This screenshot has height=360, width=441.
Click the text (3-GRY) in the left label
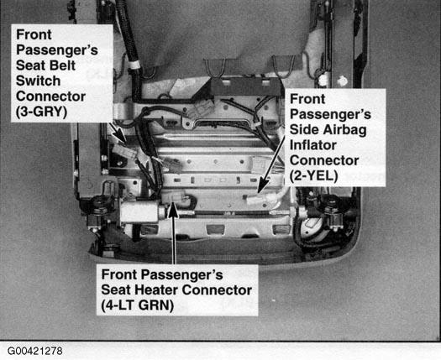pyautogui.click(x=42, y=112)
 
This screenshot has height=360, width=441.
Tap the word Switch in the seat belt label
pyautogui.click(x=39, y=81)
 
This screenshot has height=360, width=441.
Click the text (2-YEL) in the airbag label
pyautogui.click(x=313, y=176)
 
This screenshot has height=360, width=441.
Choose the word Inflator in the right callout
pyautogui.click(x=313, y=145)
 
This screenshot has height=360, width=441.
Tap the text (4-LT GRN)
pyautogui.click(x=137, y=305)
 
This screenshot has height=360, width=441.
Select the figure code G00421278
pyautogui.click(x=35, y=351)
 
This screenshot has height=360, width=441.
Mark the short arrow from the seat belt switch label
pyautogui.click(x=118, y=132)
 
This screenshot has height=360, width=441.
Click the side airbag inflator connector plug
pyautogui.click(x=255, y=200)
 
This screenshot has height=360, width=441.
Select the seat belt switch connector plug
pyautogui.click(x=124, y=153)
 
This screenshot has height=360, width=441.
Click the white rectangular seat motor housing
pyautogui.click(x=139, y=211)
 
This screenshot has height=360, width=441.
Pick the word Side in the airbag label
pyautogui.click(x=304, y=130)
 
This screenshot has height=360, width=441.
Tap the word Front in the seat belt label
pyautogui.click(x=34, y=34)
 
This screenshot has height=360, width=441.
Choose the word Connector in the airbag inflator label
pyautogui.click(x=324, y=161)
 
